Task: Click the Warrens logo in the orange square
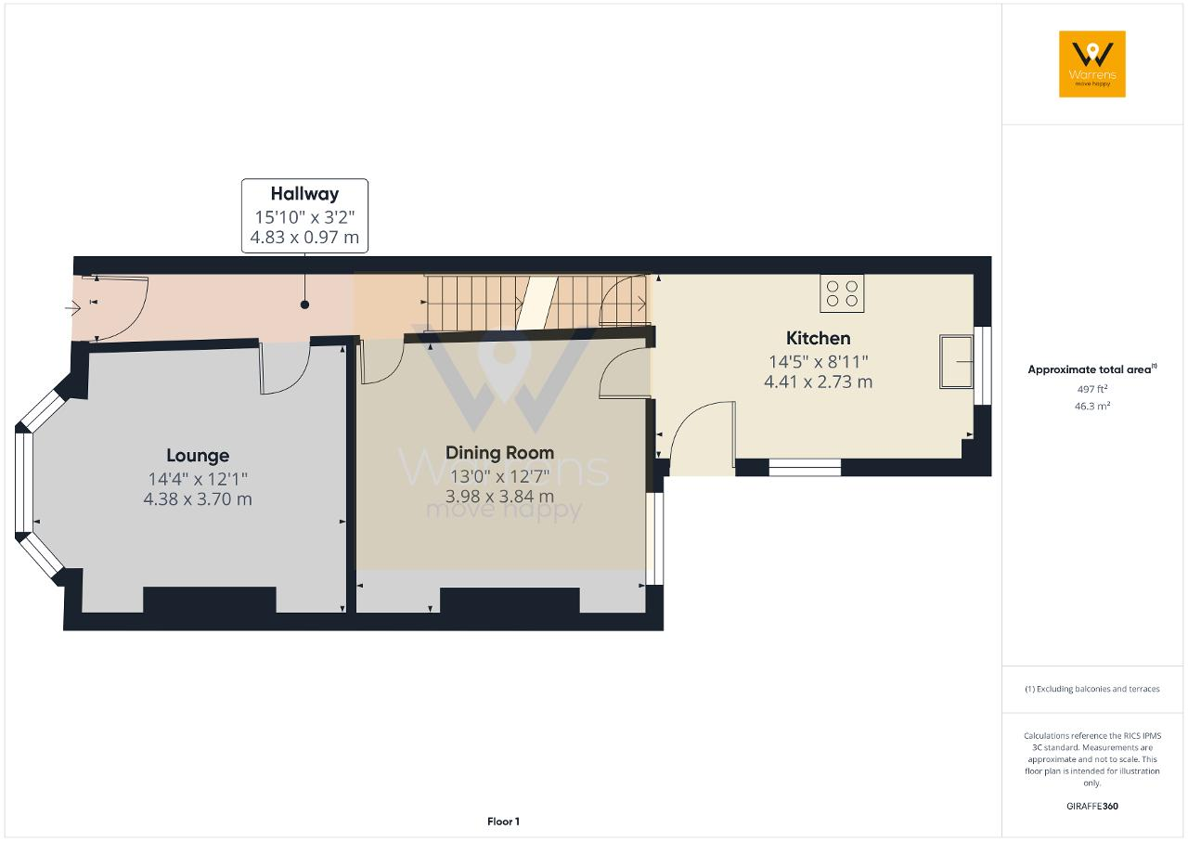(x=1092, y=64)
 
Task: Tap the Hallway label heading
(x=304, y=194)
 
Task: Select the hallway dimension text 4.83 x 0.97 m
(x=304, y=237)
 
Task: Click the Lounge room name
(x=198, y=456)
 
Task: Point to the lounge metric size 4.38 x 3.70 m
(x=198, y=499)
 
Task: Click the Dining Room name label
(x=499, y=453)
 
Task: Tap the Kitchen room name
(x=818, y=338)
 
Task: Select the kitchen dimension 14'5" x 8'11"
(x=818, y=362)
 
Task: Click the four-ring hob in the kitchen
(x=842, y=293)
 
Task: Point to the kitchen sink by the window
(x=956, y=361)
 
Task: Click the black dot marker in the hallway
(x=304, y=304)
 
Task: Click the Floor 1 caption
(x=503, y=822)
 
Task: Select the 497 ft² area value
(x=1092, y=389)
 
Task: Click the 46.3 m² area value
(x=1092, y=407)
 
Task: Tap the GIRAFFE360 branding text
(x=1092, y=806)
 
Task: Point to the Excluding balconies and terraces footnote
(x=1092, y=689)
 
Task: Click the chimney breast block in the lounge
(x=210, y=600)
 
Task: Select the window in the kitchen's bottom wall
(x=805, y=467)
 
